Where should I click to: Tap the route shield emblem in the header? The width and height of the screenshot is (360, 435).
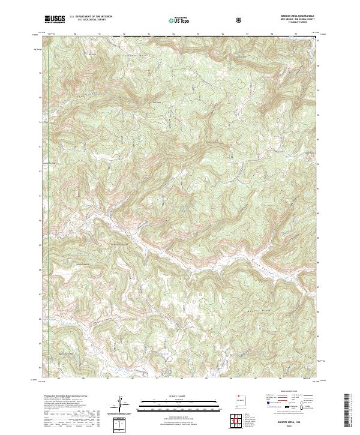coord(241,20)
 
